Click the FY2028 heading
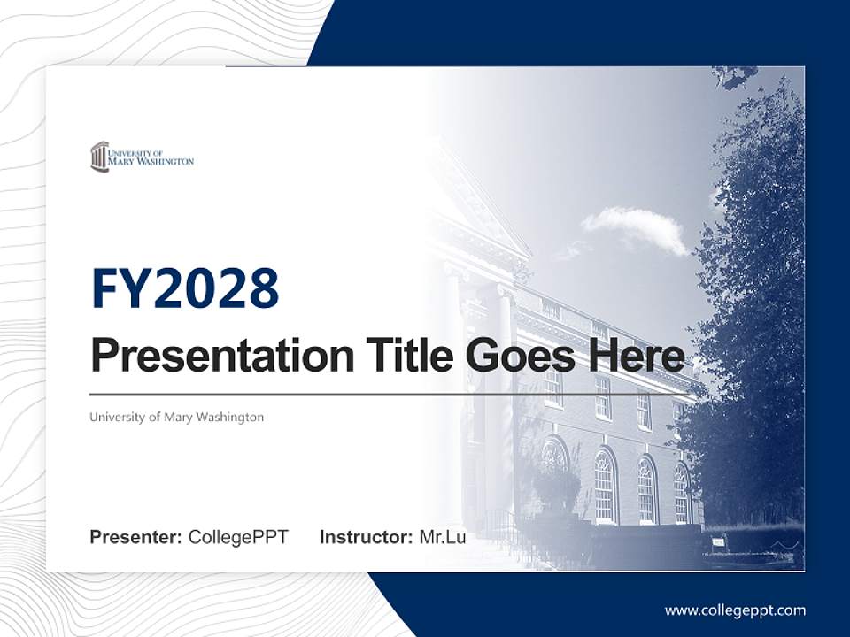pos(185,288)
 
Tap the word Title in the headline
pos(400,356)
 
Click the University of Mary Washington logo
pos(142,157)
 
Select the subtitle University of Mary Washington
pos(176,417)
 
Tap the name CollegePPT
pos(238,537)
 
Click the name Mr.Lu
pos(443,537)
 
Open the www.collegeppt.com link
pos(735,610)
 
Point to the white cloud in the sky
pos(635,227)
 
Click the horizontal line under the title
pos(390,394)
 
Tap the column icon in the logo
pos(98,157)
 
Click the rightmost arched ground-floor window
pos(682,493)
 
